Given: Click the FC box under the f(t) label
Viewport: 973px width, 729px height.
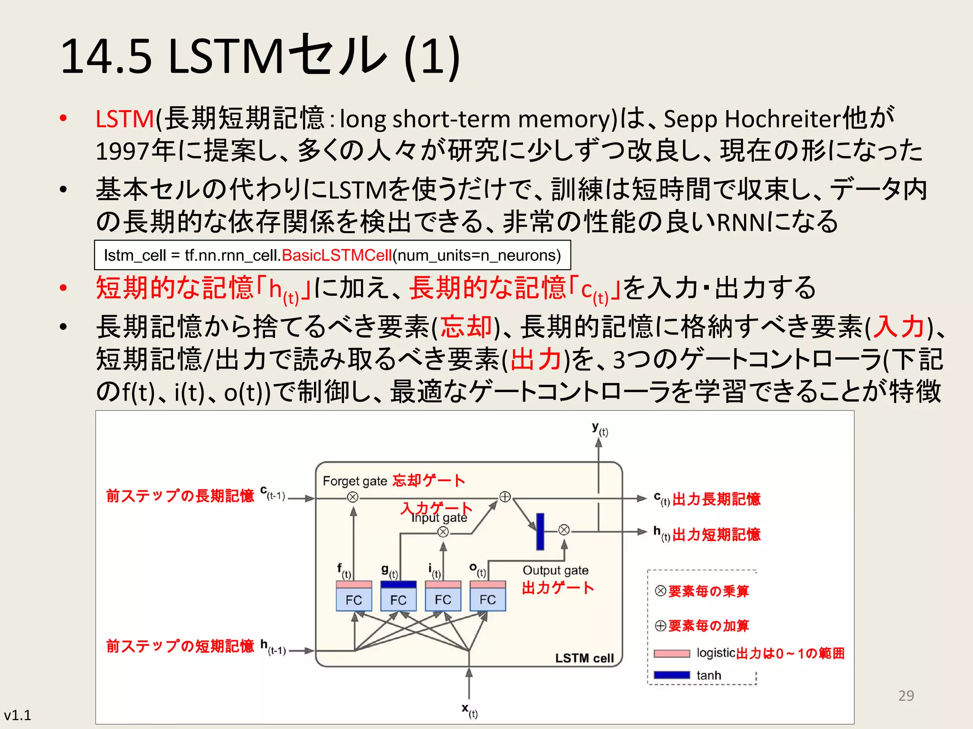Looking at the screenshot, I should (353, 599).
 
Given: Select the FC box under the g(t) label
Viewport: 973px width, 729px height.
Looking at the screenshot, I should (398, 599).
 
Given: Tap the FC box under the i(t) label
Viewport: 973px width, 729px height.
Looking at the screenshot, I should (443, 599).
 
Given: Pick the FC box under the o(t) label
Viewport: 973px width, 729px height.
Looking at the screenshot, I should (487, 599).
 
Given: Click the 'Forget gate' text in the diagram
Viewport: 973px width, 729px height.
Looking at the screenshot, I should (354, 481).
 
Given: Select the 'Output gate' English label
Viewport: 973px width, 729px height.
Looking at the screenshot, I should (555, 570).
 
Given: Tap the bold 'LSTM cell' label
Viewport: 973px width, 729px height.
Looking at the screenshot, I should (584, 658).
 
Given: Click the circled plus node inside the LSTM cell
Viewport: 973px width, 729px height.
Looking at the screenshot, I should (505, 497).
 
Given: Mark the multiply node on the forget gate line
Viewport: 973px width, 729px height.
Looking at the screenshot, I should (353, 497).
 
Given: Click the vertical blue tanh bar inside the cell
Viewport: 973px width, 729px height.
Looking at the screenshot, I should (540, 531).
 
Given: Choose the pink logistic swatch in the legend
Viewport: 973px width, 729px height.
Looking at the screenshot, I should (672, 654).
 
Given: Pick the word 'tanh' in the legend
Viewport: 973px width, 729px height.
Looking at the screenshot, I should (708, 675).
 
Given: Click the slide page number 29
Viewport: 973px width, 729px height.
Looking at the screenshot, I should (906, 696).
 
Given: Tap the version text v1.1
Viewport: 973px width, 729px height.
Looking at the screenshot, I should (18, 715).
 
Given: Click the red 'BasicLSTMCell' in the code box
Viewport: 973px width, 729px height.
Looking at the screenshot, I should (337, 255).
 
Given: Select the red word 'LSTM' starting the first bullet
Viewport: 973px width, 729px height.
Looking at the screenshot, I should (125, 119).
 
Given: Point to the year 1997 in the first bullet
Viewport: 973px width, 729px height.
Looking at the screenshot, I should (123, 151).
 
